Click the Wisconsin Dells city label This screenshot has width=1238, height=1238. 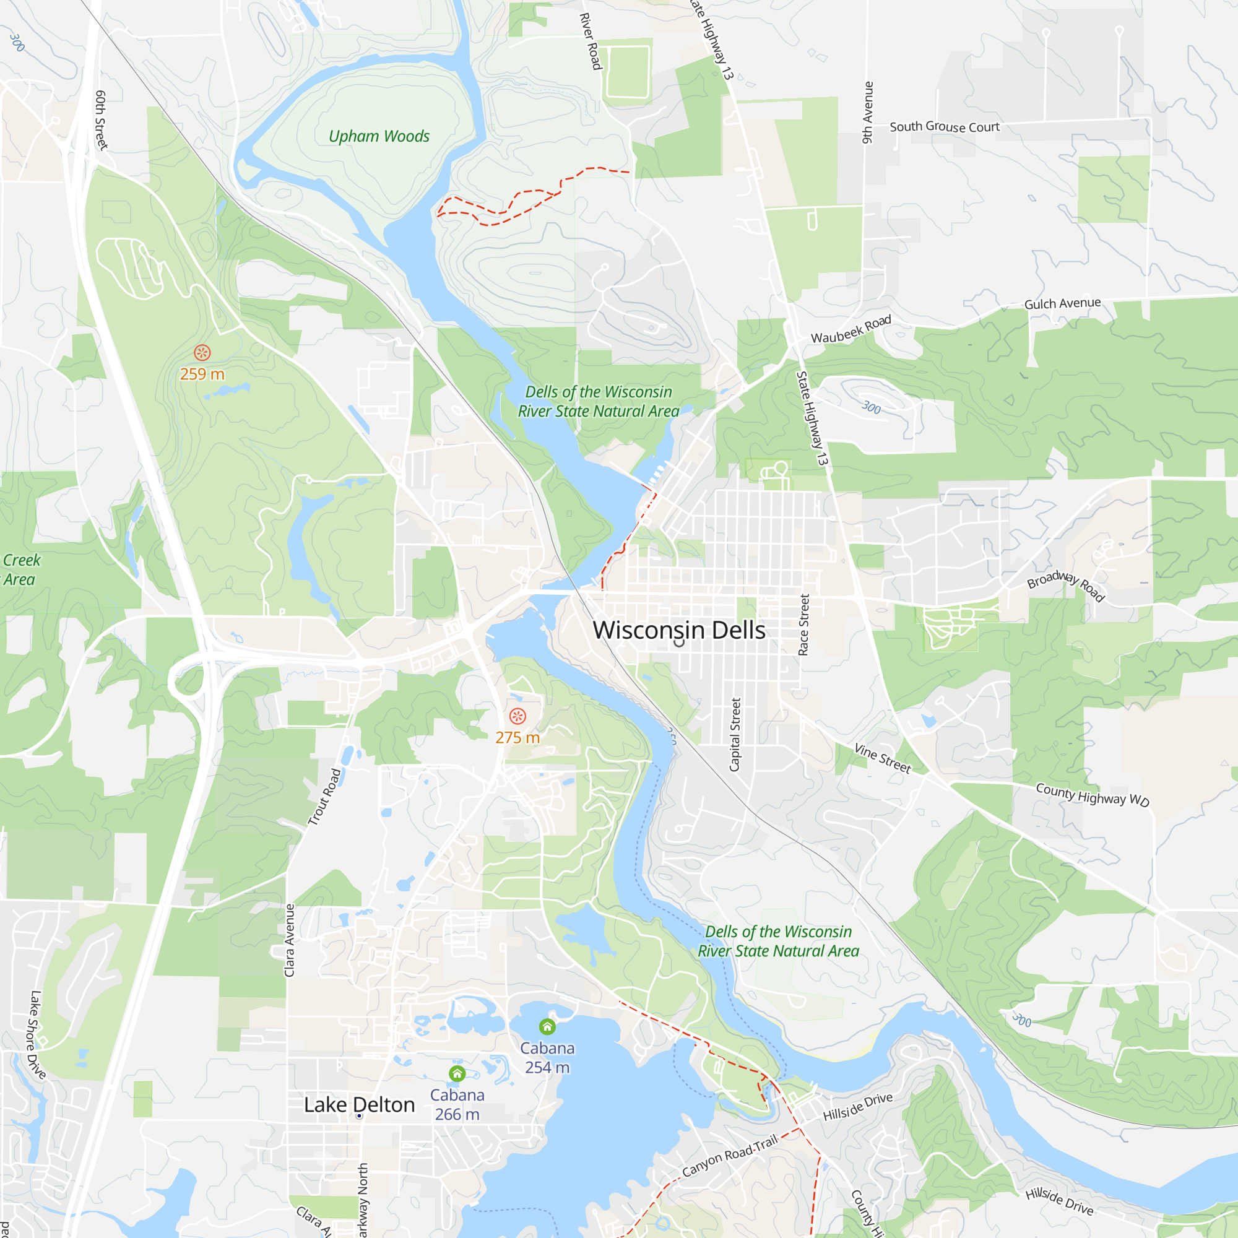click(678, 630)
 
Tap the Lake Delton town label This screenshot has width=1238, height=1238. click(359, 1105)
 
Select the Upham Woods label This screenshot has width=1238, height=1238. click(379, 136)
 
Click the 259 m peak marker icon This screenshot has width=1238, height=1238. click(202, 352)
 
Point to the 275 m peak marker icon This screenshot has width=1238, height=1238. click(517, 716)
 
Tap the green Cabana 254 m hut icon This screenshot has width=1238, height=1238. click(547, 1027)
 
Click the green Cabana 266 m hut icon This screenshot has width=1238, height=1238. click(457, 1073)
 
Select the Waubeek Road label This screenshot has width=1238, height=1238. click(851, 329)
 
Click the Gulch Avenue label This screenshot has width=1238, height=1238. click(1062, 303)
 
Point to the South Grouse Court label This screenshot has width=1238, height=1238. click(944, 127)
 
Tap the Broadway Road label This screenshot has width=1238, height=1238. click(1066, 586)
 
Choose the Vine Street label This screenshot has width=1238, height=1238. click(882, 758)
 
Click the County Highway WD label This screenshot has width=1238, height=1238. click(1092, 795)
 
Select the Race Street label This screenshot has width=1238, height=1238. click(803, 624)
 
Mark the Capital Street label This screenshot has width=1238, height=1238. click(735, 734)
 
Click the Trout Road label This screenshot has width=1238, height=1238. click(324, 797)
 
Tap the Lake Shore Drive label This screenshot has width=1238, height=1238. click(37, 1034)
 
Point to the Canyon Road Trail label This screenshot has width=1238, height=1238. click(729, 1155)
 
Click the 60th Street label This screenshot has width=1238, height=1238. click(102, 120)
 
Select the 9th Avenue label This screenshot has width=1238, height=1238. click(867, 112)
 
